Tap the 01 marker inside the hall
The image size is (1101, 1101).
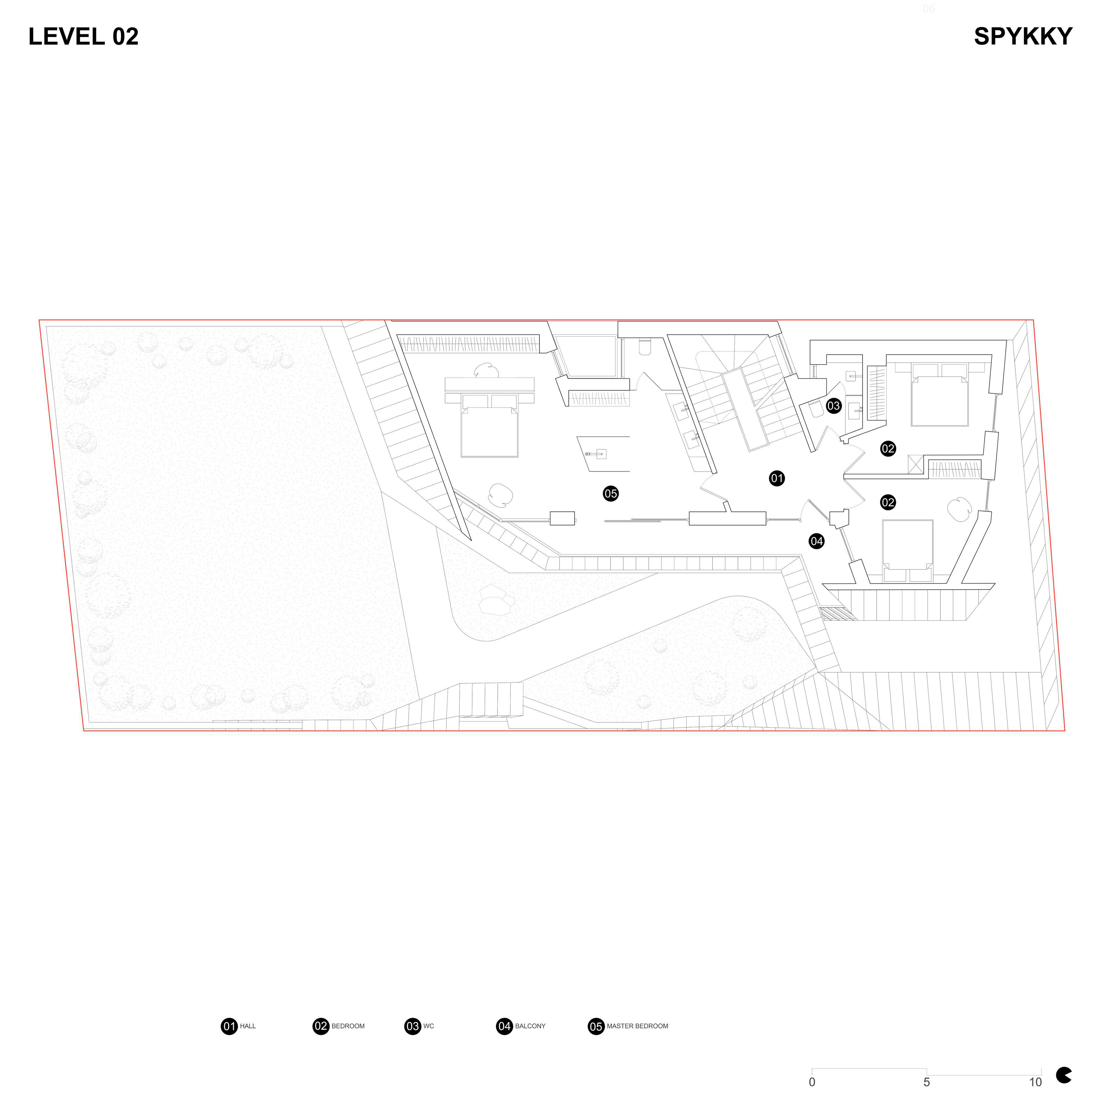[x=777, y=478]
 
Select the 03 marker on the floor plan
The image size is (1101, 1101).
[x=834, y=406]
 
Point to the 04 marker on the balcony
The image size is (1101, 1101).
[x=817, y=541]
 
